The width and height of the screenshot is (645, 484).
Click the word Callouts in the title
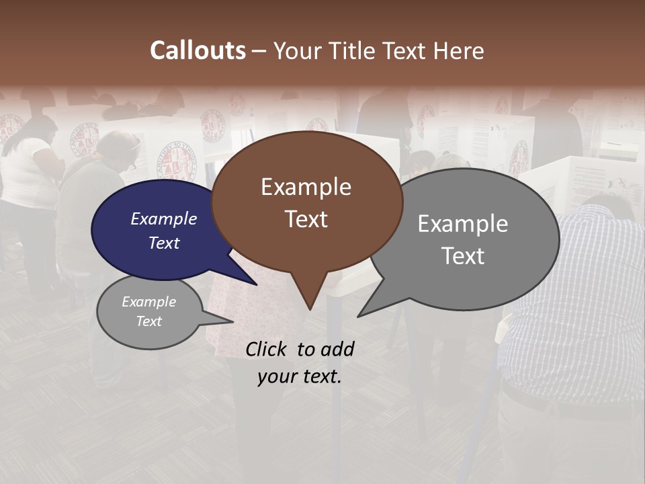(x=198, y=50)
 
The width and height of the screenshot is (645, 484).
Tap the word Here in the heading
(x=458, y=50)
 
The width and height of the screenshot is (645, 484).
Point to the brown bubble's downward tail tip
(x=309, y=309)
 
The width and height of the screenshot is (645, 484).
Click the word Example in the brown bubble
(x=306, y=186)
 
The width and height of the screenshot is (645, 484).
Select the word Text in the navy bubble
(x=163, y=243)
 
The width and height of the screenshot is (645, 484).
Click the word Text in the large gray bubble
(x=463, y=255)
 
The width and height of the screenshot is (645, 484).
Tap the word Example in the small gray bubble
(x=148, y=302)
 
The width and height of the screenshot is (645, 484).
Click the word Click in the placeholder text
(x=266, y=349)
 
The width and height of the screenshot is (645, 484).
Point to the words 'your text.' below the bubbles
(x=299, y=376)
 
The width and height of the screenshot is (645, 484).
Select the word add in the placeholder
(x=337, y=349)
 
